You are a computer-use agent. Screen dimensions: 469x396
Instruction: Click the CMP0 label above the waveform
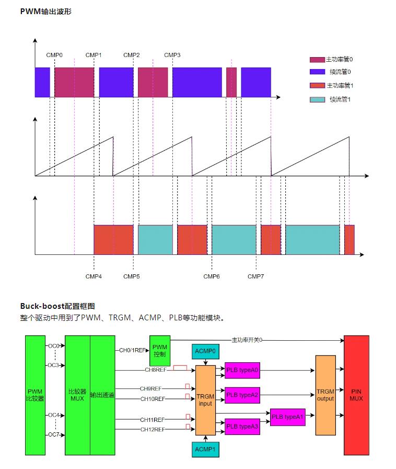(x=54, y=55)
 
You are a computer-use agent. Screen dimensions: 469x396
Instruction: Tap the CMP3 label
(x=172, y=55)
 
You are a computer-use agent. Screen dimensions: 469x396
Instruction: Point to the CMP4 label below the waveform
(x=94, y=276)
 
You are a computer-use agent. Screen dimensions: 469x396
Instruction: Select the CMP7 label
(x=256, y=276)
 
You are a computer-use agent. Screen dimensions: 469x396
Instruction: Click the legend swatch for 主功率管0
(x=317, y=60)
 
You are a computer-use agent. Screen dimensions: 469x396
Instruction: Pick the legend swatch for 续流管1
(x=317, y=99)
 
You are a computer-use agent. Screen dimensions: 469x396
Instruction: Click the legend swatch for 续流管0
(x=317, y=72)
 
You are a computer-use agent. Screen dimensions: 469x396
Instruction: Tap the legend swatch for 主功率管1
(x=317, y=85)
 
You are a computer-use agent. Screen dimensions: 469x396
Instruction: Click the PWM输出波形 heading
(x=45, y=11)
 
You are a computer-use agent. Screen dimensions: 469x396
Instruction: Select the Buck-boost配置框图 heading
(x=57, y=306)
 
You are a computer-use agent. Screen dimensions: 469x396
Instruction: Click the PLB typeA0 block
(x=242, y=370)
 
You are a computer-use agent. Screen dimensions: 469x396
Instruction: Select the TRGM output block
(x=325, y=395)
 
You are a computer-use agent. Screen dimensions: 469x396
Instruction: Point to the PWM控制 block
(x=159, y=350)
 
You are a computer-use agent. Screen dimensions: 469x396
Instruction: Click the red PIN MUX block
(x=357, y=395)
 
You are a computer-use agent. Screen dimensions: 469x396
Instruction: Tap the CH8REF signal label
(x=155, y=370)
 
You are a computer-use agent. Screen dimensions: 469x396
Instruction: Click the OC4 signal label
(x=53, y=416)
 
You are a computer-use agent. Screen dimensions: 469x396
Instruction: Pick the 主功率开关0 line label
(x=247, y=340)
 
